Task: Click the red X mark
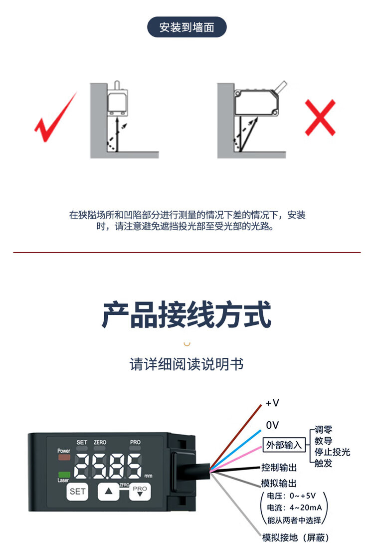click(x=320, y=118)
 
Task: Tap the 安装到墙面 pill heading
click(x=187, y=27)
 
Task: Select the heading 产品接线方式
click(x=187, y=314)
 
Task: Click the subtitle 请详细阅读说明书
click(x=187, y=364)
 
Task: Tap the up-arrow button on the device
click(x=108, y=492)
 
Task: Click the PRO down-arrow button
click(x=140, y=492)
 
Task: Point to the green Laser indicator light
click(x=64, y=475)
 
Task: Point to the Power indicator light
click(x=64, y=457)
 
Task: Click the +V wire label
click(x=272, y=403)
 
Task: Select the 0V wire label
click(x=272, y=425)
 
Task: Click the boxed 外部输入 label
click(x=284, y=445)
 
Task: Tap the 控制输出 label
click(x=279, y=468)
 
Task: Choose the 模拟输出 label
click(x=279, y=483)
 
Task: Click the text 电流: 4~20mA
click(x=294, y=508)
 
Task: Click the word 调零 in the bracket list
click(x=323, y=430)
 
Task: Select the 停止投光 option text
click(x=333, y=452)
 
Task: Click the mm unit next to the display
click(x=148, y=476)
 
